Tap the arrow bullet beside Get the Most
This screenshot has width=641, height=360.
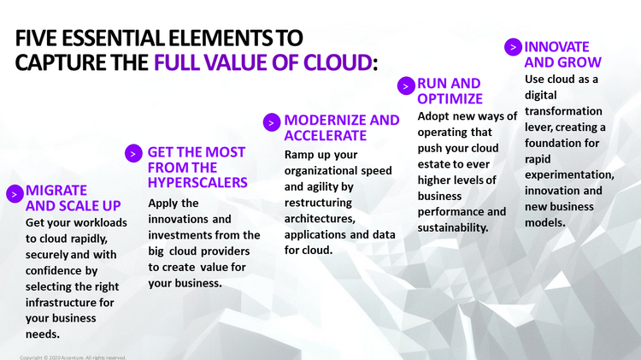(x=133, y=153)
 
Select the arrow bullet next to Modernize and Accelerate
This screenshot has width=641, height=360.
(x=271, y=122)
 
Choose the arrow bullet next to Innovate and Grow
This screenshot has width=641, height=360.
(x=513, y=47)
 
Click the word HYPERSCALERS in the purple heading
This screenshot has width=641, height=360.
(x=197, y=182)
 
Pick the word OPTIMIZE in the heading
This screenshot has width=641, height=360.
(x=450, y=99)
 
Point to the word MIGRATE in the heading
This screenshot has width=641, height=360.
(x=56, y=190)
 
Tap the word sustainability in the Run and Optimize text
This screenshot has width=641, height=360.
(x=453, y=227)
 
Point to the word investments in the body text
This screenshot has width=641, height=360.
(x=181, y=234)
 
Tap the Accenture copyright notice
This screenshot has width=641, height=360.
(x=73, y=357)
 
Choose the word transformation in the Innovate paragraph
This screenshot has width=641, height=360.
(x=563, y=111)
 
